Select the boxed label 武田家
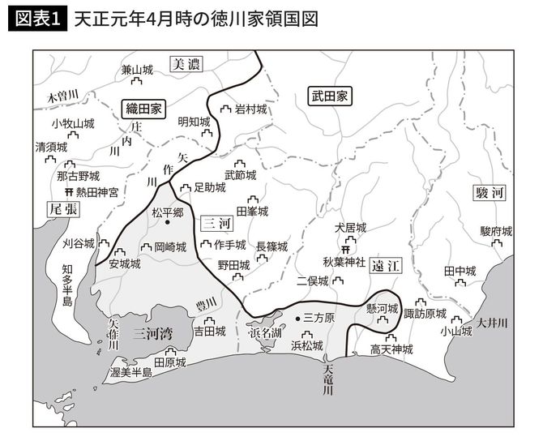pos(330,96)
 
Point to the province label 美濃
pos(186,65)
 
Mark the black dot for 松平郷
pos(168,223)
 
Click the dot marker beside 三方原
pos(297,318)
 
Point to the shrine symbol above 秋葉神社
pos(346,248)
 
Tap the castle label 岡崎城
pos(170,246)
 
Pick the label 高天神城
pos(391,349)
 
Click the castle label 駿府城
pos(496,231)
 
